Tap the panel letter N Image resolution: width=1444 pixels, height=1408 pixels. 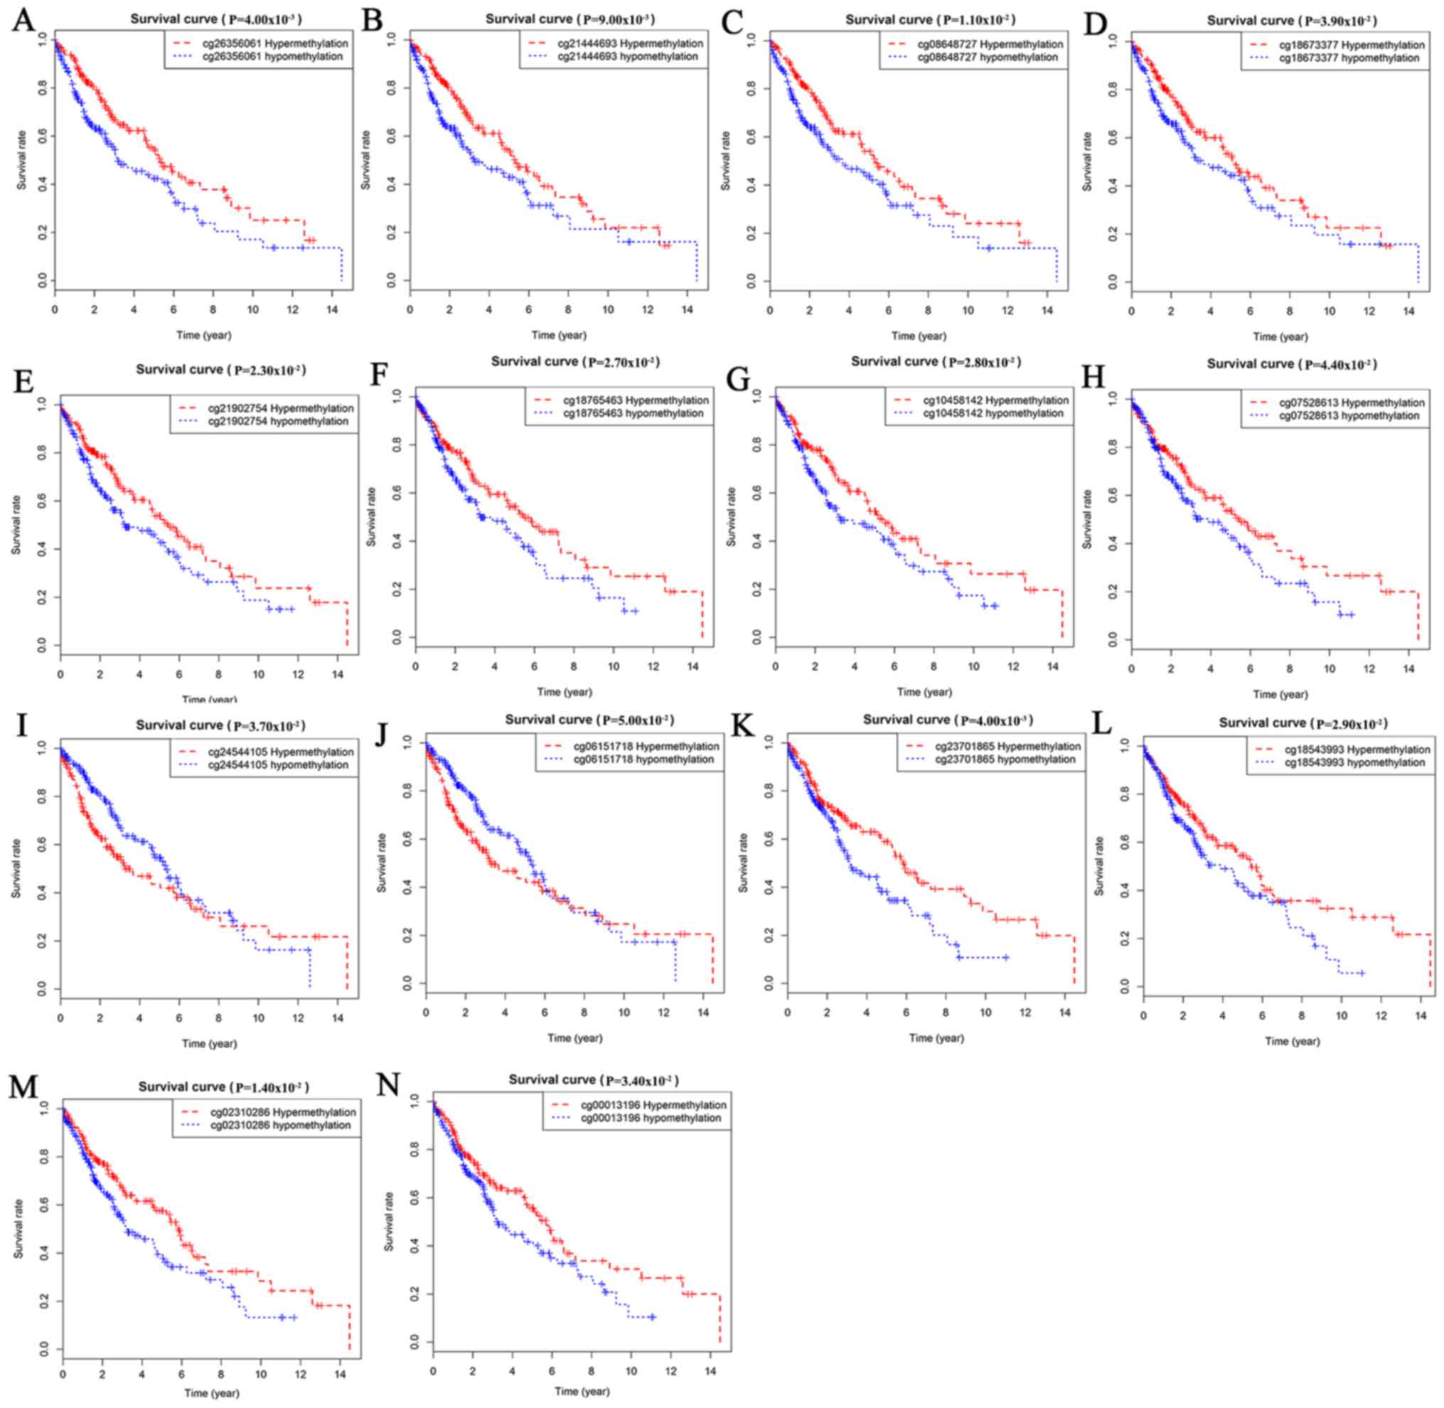(388, 1085)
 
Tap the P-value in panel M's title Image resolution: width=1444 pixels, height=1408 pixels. (271, 1087)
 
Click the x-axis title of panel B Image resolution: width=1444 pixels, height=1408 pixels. (559, 335)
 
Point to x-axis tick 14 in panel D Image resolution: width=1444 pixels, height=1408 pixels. (1409, 311)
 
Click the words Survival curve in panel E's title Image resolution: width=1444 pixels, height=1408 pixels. (179, 369)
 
